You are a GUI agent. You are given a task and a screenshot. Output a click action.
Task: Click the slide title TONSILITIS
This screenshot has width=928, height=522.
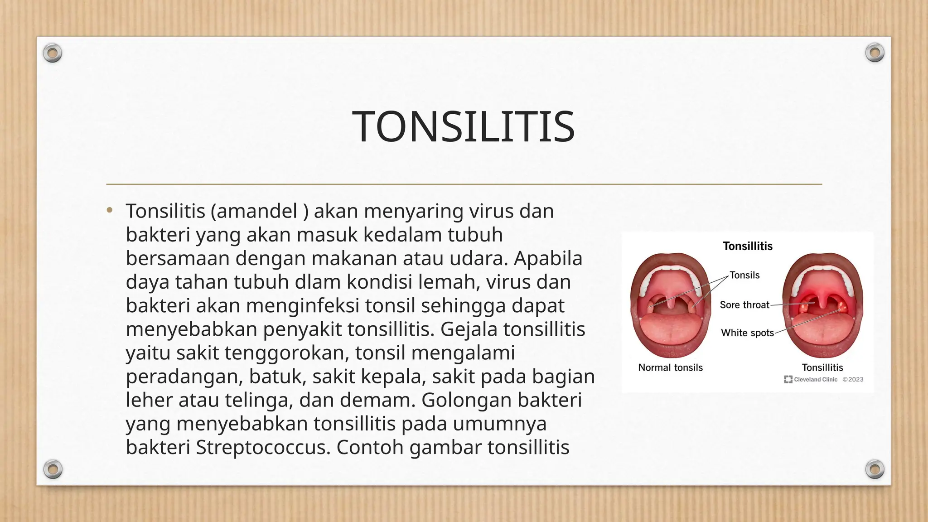coord(464,127)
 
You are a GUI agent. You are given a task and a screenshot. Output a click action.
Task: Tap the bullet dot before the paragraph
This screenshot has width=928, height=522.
coord(110,210)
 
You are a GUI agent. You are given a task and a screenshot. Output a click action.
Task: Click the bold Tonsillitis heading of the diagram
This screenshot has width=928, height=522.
coord(747,246)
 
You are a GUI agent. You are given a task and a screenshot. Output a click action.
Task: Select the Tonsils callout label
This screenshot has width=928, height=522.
coord(744,275)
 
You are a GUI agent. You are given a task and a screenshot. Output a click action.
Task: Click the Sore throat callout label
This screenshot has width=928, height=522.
coord(744,305)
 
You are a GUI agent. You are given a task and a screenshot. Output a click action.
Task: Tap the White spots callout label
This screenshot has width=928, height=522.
coord(747,333)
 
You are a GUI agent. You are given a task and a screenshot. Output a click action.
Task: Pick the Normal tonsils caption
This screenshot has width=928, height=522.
coord(670,367)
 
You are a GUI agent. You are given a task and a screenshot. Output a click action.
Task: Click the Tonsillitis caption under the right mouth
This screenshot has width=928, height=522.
coord(822,367)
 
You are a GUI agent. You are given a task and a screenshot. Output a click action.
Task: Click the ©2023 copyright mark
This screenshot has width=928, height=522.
coord(853,380)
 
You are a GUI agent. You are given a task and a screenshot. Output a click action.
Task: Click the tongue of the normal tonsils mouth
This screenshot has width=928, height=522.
coord(670,331)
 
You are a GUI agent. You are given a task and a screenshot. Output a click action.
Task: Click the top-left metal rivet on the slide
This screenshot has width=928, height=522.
coord(53,53)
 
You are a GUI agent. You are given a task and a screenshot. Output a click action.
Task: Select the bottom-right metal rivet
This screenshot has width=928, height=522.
coord(875,469)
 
